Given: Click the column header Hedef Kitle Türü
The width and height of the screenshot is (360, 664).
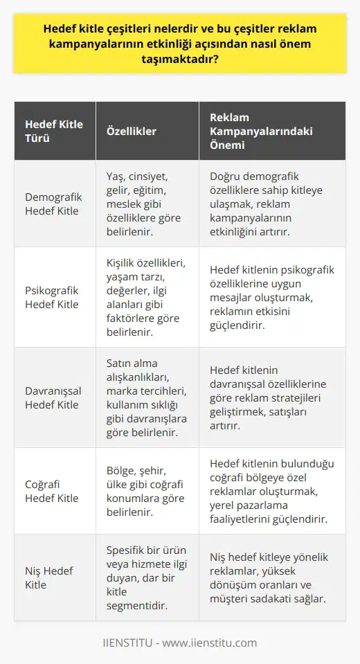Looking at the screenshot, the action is tap(54, 131).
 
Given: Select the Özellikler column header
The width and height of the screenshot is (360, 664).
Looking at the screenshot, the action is tap(132, 131).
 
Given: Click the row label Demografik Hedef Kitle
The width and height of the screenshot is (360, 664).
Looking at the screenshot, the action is tap(54, 204).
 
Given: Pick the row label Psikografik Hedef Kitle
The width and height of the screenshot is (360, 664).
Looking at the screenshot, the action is tap(54, 297).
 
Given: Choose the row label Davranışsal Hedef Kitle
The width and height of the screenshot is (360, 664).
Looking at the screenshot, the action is tap(54, 397).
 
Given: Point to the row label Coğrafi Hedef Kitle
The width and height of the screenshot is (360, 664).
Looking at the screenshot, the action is tap(54, 491).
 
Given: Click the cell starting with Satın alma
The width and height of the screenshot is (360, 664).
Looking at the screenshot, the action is tap(145, 397).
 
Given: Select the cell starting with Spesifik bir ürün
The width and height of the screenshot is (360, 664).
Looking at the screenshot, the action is tap(145, 577).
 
